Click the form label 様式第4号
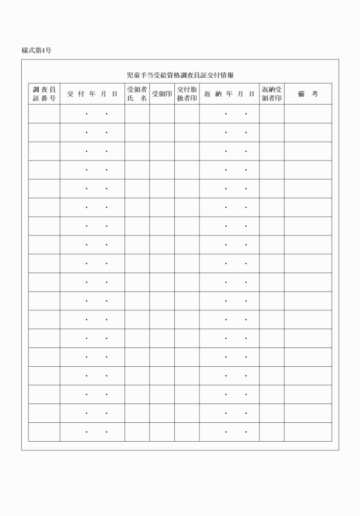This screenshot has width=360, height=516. tap(37, 51)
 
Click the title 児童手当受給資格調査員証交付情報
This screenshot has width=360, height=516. tap(180, 75)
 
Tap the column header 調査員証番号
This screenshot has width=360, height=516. tap(44, 94)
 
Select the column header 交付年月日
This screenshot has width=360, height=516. tap(92, 94)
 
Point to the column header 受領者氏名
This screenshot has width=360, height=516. tap(137, 94)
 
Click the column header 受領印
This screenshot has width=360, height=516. tap(162, 94)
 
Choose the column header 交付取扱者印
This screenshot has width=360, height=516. tap(187, 94)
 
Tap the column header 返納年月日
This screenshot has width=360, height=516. tap(229, 94)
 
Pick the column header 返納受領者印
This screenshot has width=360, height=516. tap(271, 94)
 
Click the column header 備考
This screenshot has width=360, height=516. tap(307, 94)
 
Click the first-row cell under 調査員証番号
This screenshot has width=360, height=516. tap(44, 114)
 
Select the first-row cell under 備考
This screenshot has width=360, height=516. tap(307, 114)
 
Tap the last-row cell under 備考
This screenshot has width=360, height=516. tap(307, 432)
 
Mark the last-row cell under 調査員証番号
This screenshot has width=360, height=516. tap(44, 432)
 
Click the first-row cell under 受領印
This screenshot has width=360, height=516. tap(162, 114)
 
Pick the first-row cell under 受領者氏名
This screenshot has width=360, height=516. tap(137, 114)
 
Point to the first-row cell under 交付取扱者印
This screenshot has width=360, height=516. tap(187, 114)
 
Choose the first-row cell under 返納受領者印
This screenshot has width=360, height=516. tap(271, 114)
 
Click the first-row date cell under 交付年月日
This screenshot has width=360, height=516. tap(92, 114)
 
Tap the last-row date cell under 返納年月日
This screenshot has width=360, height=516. tap(229, 432)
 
